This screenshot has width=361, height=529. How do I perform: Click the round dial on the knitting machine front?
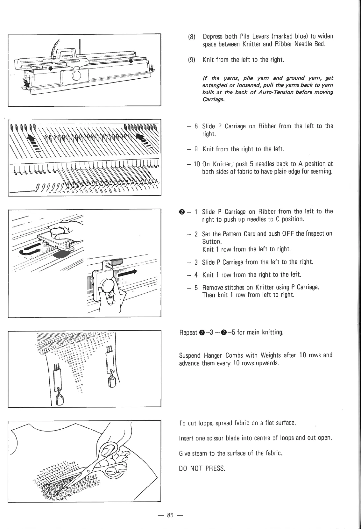click(x=77, y=75)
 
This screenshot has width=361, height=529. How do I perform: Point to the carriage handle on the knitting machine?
click(x=67, y=51)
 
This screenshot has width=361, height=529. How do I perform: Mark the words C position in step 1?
click(x=289, y=219)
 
